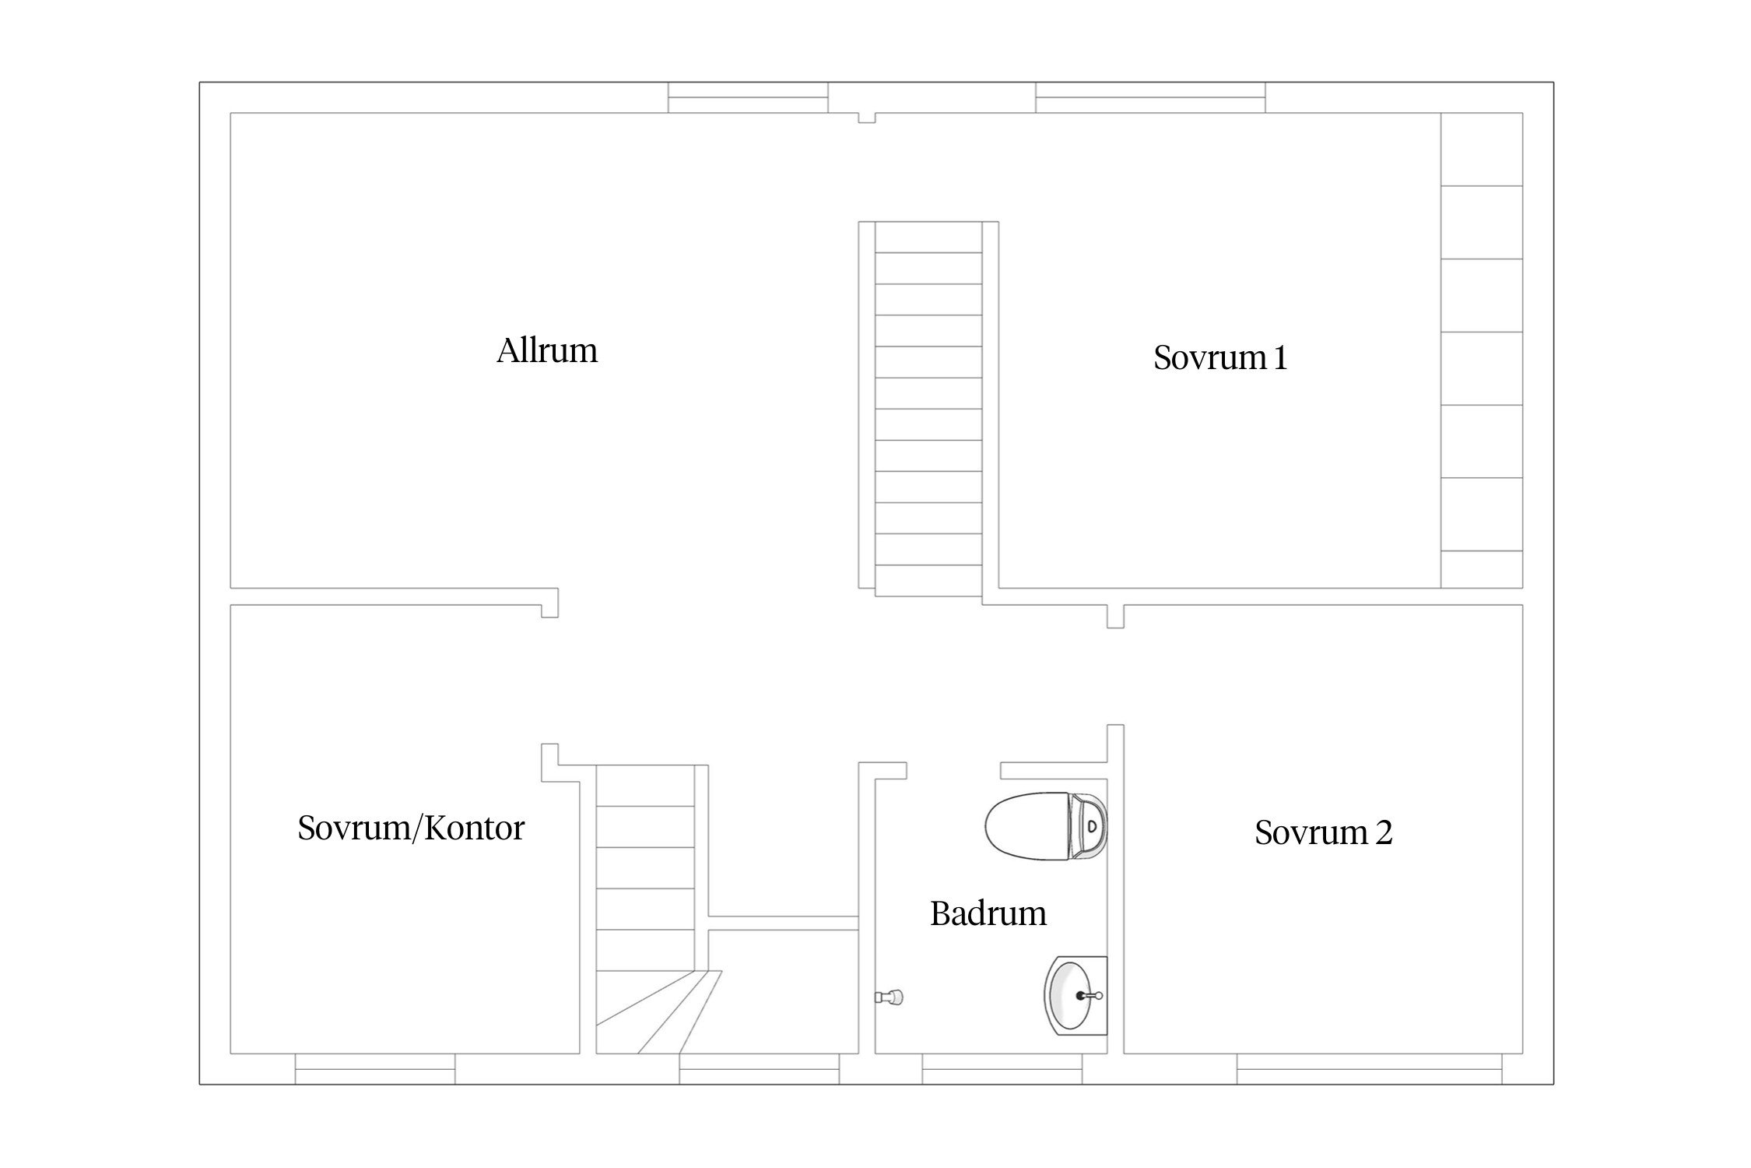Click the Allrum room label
547,350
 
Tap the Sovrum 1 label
1220,357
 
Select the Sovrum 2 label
1323,832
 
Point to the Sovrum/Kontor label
411,828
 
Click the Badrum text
988,913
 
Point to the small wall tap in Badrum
890,996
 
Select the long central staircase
928,409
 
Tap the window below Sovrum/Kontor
375,1068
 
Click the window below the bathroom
1002,1068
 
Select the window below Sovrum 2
1370,1068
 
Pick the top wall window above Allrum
747,97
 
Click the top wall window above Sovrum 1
1150,97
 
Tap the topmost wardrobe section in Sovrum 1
1482,150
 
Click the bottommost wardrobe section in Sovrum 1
1482,569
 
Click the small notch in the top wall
867,118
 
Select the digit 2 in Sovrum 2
1384,832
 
